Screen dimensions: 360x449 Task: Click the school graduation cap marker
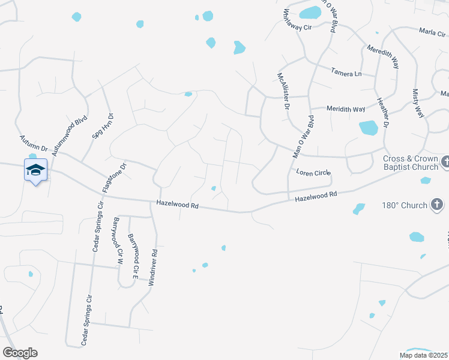[35, 170]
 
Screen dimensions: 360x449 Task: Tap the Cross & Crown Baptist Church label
[410, 163]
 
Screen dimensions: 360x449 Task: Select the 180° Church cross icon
[437, 205]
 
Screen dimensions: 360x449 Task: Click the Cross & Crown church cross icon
[445, 162]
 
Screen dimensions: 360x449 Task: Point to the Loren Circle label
[313, 173]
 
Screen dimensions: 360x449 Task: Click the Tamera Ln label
[346, 73]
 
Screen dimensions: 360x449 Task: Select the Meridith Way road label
[346, 109]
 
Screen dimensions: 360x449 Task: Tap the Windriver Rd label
[155, 266]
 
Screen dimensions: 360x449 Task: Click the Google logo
[20, 353]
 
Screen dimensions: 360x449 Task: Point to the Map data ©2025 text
[423, 355]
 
